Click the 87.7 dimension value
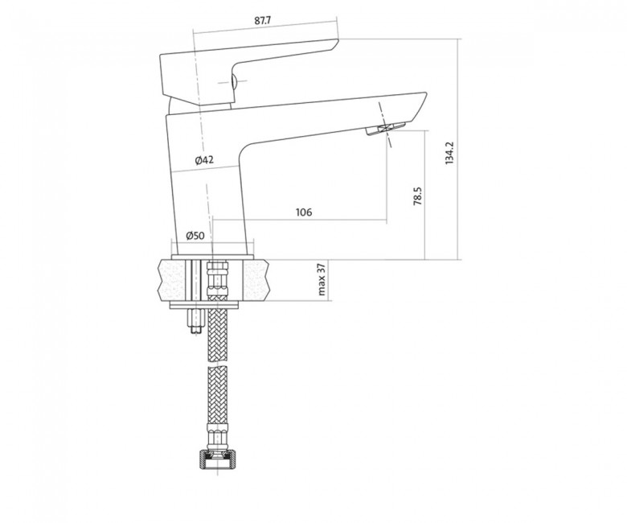click(263, 21)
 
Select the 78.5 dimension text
click(418, 196)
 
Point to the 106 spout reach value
click(304, 212)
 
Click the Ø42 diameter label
click(204, 160)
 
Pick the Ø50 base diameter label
click(195, 235)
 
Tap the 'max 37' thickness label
click(322, 280)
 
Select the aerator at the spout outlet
click(387, 129)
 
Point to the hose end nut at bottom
click(218, 459)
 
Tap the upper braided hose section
click(218, 333)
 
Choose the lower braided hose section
click(218, 395)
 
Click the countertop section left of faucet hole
click(173, 279)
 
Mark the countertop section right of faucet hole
click(256, 279)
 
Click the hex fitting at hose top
click(218, 277)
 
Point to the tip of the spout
click(426, 93)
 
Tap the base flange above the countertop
click(212, 257)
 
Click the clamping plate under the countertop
click(204, 306)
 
